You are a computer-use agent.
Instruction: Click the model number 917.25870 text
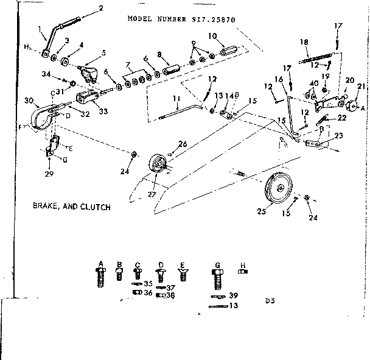(181, 19)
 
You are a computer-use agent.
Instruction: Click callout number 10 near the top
(127, 65)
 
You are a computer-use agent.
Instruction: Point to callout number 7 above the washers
(127, 65)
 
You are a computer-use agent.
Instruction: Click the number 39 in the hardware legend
(234, 295)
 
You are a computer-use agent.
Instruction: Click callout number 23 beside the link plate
(338, 136)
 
